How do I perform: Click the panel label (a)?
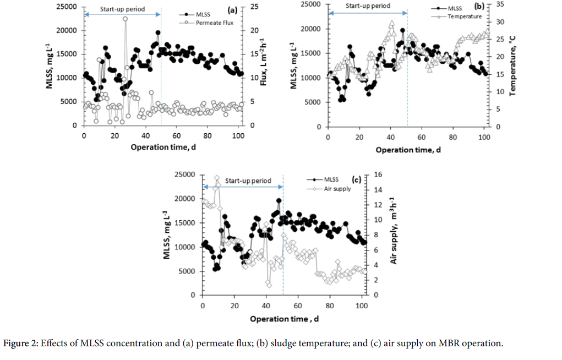[x=231, y=9]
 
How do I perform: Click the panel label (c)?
[x=356, y=179]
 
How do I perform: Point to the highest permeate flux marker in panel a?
[x=125, y=19]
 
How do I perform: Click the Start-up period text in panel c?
[x=248, y=181]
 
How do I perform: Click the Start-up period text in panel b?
[x=368, y=6]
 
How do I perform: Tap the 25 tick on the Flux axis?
[x=253, y=6]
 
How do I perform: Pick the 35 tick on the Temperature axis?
[x=500, y=4]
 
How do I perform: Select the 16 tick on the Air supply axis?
[x=377, y=174]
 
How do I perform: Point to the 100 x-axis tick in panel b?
[x=484, y=137]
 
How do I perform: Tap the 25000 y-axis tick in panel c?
[x=184, y=174]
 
